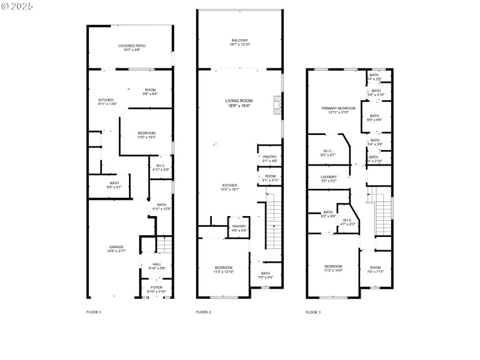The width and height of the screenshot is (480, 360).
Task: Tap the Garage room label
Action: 116,249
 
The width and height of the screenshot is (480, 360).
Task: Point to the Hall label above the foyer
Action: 157,266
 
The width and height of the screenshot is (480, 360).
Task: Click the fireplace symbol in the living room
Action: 276,104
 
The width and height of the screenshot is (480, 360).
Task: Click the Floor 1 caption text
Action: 94,312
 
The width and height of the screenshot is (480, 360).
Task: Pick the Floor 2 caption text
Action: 204,312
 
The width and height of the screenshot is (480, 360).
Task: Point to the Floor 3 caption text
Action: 313,312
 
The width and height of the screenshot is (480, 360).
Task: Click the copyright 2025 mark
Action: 17,5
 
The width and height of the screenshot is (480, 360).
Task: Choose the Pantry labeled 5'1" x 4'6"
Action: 269,159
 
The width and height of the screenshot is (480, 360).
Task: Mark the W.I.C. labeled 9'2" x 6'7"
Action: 328,153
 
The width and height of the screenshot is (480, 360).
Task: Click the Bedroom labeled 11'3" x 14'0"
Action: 333,268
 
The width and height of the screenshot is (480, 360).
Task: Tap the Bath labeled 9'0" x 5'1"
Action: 114,185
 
